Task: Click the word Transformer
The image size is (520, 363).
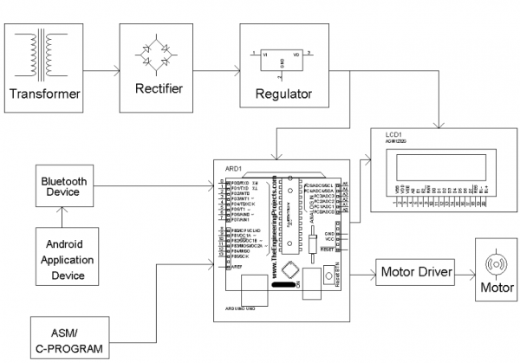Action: tap(43, 93)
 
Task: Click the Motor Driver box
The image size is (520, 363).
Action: tap(416, 273)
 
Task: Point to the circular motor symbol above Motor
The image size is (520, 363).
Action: tap(497, 262)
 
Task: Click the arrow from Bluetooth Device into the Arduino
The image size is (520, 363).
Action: tap(156, 185)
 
